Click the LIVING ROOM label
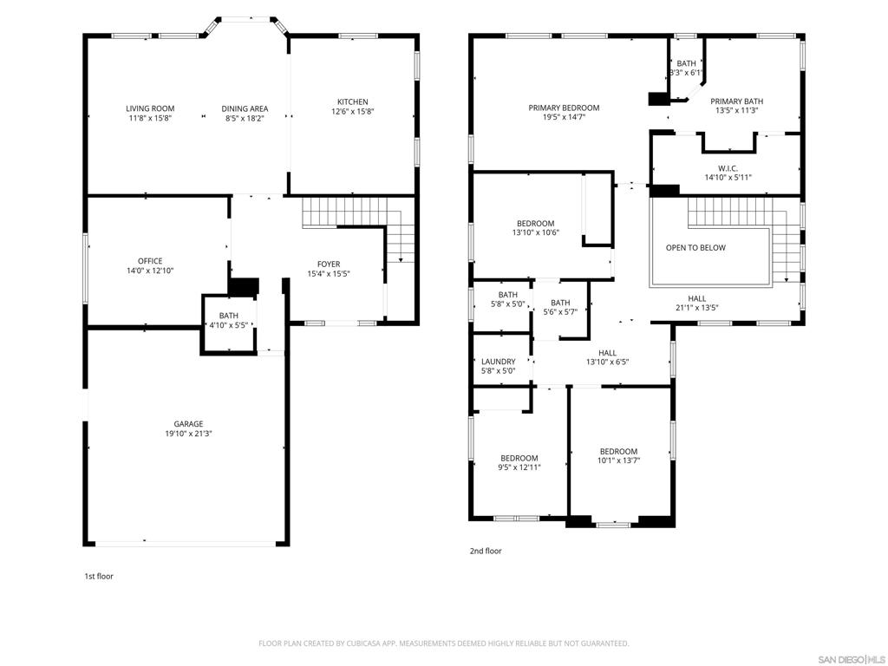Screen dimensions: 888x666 point(150,108)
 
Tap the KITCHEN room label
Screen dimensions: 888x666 point(353,102)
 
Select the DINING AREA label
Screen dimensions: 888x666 point(245,108)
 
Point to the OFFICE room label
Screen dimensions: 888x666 point(150,261)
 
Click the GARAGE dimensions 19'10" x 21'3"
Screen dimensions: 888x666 point(188,434)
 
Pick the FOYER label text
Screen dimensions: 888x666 point(329,264)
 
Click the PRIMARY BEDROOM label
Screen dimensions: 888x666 point(564,108)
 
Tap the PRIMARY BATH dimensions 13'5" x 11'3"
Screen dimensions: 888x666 point(737,111)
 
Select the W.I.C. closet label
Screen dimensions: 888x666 point(728,168)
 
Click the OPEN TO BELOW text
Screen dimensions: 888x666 point(695,247)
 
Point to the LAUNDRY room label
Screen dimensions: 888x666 point(499,362)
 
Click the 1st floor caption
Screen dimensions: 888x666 point(99,577)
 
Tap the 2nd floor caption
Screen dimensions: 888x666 point(486,551)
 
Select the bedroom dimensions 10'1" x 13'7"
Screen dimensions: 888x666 point(618,461)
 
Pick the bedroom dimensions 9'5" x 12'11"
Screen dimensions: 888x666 point(519,467)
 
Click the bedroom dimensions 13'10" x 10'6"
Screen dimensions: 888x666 point(536,232)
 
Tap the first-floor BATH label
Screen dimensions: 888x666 point(229,316)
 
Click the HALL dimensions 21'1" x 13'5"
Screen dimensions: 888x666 point(697,308)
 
